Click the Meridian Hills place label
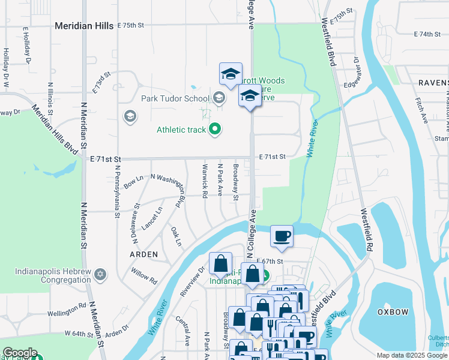83,26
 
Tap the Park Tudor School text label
174,98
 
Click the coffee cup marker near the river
282,236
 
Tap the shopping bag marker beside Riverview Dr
220,263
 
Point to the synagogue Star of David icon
101,275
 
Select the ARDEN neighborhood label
144,254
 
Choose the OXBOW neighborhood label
393,312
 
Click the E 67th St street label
270,262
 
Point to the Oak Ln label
175,235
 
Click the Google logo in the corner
19,353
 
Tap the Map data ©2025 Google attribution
411,355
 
